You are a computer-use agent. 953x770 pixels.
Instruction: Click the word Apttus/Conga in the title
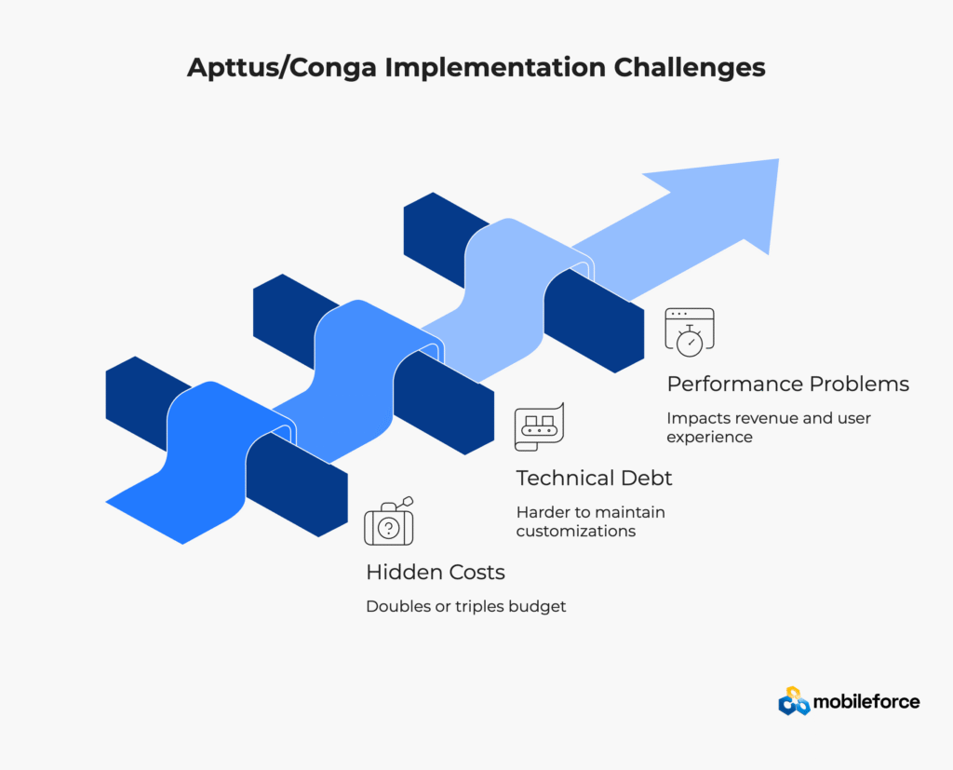283,68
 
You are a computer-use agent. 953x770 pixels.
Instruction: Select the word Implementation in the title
495,68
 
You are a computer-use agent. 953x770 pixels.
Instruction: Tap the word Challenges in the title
690,68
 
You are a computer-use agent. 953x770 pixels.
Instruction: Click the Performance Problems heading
787,384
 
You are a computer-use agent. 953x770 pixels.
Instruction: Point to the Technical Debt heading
594,478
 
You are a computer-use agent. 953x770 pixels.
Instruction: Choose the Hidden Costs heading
436,573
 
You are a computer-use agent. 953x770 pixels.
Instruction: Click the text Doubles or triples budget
465,606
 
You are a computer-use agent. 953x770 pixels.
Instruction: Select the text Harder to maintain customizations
590,521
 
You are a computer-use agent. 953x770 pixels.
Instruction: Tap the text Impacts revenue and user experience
768,427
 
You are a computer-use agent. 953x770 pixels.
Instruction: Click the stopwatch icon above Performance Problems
690,332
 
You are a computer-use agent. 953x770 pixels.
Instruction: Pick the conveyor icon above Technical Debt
539,426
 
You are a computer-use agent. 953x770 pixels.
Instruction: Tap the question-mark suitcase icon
389,521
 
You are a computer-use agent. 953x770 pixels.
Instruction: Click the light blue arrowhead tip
779,159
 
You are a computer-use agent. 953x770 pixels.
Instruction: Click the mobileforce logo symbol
794,701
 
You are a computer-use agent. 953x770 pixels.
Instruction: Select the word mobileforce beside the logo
866,702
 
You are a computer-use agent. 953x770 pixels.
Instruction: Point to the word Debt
646,478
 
